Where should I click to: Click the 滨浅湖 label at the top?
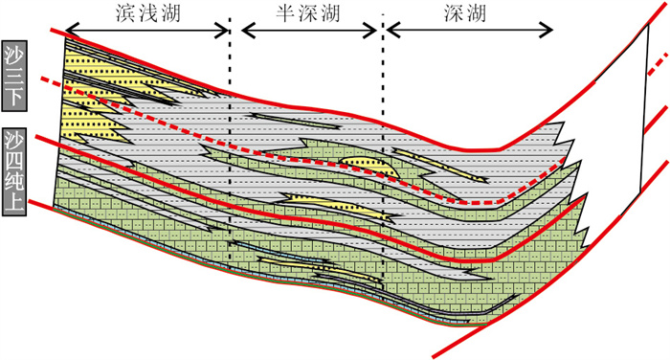click(x=148, y=13)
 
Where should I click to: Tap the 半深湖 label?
click(x=307, y=13)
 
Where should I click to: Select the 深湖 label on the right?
click(x=465, y=13)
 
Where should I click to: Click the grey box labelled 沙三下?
click(x=14, y=76)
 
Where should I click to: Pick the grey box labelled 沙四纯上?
click(x=14, y=171)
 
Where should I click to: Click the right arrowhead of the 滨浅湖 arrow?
click(x=222, y=30)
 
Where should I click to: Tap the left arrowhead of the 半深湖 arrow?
click(x=249, y=30)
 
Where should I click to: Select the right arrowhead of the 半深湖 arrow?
click(x=369, y=30)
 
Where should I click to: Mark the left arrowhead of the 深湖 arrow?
click(x=393, y=30)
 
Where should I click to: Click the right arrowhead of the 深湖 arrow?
click(x=546, y=30)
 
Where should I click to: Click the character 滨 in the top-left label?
click(x=126, y=13)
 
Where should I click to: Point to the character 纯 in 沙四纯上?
click(x=14, y=182)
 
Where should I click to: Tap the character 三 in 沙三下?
click(x=14, y=76)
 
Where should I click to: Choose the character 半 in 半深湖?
click(x=286, y=13)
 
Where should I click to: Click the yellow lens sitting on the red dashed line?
click(x=368, y=165)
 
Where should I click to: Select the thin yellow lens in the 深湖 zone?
click(x=440, y=165)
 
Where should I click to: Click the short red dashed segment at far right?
click(x=659, y=64)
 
